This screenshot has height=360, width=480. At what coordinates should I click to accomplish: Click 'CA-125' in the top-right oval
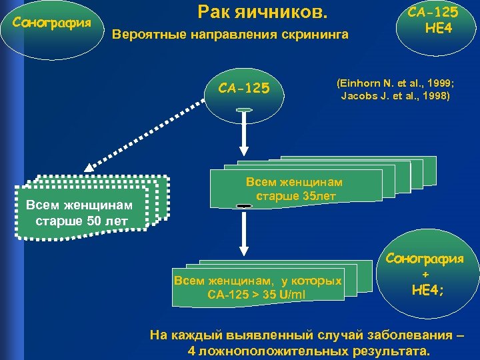point(434,12)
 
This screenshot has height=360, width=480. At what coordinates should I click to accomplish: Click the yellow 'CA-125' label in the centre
point(244,87)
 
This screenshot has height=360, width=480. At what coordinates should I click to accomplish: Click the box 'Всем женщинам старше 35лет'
point(295,189)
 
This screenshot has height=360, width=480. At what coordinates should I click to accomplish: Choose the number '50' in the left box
point(94,220)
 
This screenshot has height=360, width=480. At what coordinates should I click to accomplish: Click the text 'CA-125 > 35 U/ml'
point(257,294)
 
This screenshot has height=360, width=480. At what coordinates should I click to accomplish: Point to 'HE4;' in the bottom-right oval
point(426,289)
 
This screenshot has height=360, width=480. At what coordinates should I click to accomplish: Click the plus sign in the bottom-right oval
point(425,274)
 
